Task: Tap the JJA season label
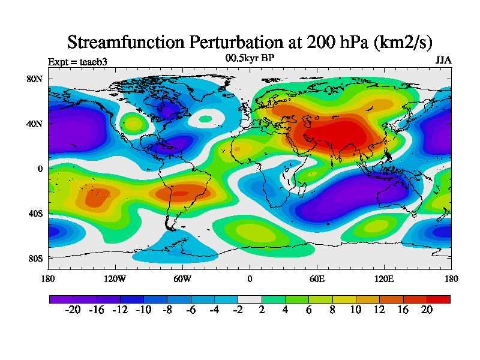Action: point(443,61)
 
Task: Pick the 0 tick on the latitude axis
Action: point(40,169)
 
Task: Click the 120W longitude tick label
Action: point(115,278)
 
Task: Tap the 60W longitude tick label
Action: point(182,278)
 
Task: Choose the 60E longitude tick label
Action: point(317,278)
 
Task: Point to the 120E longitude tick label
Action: point(384,278)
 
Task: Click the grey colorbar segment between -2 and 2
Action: point(250,299)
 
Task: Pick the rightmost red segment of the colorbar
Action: point(438,299)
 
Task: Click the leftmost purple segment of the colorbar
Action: point(61,299)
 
